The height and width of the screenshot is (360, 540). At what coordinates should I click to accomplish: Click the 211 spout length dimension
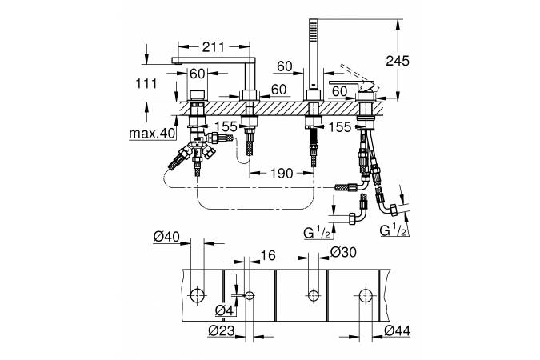213,47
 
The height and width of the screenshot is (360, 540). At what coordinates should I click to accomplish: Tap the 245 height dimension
398,61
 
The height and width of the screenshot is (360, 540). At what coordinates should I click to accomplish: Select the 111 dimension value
146,84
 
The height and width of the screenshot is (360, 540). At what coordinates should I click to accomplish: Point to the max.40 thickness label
152,134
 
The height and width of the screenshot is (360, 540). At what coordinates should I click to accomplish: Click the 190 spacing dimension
282,174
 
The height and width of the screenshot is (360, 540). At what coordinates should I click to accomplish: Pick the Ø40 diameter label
166,237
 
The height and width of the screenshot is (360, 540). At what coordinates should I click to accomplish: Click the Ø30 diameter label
343,253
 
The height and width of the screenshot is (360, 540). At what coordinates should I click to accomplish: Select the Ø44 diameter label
397,331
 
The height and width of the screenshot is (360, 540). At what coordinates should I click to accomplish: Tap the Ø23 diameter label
222,331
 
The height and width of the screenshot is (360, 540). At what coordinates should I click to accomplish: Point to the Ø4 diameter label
225,311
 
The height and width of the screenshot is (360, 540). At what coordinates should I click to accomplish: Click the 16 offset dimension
268,255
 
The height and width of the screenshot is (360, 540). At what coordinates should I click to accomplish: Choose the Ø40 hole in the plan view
198,295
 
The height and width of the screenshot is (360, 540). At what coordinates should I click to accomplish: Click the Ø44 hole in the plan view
366,295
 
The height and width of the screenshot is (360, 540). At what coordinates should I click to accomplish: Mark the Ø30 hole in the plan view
313,295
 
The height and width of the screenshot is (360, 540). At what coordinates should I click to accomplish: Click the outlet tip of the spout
176,61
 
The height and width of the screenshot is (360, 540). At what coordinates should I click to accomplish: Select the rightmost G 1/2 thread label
393,230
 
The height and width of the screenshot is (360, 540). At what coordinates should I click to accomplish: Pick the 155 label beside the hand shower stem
339,127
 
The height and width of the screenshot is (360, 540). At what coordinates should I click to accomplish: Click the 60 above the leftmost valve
198,74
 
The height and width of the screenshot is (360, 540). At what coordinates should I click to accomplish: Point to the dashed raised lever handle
357,74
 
